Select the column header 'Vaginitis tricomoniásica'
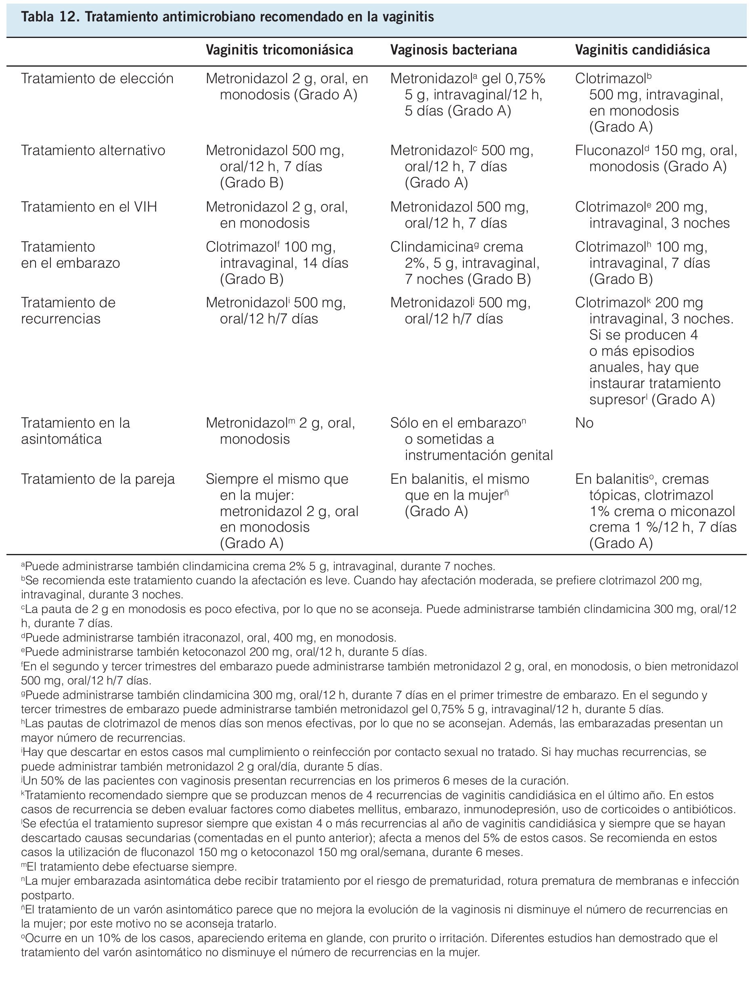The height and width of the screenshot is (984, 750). coord(279,50)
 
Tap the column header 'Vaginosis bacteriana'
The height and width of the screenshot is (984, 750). coord(453,50)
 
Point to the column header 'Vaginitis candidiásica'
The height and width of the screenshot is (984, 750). coord(642,50)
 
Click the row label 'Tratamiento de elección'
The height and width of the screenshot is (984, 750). coord(97,79)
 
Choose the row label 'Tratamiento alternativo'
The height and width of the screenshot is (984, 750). coord(93,151)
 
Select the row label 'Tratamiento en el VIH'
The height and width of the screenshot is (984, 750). coord(89,207)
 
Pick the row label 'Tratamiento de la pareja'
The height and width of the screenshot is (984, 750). coord(98,479)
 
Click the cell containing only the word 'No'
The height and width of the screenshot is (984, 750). coord(584,423)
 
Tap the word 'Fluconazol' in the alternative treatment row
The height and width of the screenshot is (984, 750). coord(610,151)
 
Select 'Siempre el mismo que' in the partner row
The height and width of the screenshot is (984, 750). coord(277,479)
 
